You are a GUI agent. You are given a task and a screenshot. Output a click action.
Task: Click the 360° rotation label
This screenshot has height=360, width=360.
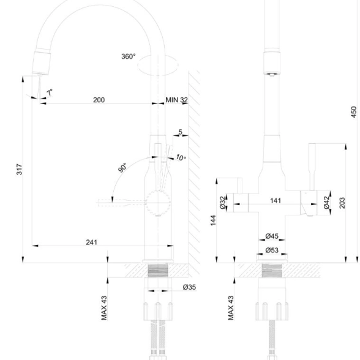pyautogui.click(x=129, y=56)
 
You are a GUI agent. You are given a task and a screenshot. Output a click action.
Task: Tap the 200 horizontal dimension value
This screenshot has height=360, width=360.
pyautogui.click(x=99, y=100)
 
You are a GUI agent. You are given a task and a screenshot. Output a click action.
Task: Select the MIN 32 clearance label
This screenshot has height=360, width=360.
pyautogui.click(x=176, y=100)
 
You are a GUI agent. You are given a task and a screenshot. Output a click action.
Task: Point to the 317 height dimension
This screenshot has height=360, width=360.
pyautogui.click(x=20, y=170)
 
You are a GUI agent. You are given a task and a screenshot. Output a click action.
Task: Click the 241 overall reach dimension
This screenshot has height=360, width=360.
pyautogui.click(x=92, y=242)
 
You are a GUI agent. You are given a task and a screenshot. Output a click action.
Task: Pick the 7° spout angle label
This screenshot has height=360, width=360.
pyautogui.click(x=50, y=92)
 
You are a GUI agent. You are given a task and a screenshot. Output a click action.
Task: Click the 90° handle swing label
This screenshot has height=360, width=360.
pyautogui.click(x=122, y=167)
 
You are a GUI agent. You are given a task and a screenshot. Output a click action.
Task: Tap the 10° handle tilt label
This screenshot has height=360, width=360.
pyautogui.click(x=181, y=157)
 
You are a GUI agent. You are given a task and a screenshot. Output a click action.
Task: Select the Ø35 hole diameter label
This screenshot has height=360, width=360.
pyautogui.click(x=189, y=287)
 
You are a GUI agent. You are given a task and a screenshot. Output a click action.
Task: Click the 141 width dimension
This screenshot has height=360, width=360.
pyautogui.click(x=276, y=201)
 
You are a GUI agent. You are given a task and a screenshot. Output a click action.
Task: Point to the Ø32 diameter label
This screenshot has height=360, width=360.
pyautogui.click(x=223, y=203)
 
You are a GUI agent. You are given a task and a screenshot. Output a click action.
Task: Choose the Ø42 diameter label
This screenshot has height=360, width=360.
pyautogui.click(x=326, y=203)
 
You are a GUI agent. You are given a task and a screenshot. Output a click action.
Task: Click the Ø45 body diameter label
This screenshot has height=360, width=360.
pyautogui.click(x=272, y=236)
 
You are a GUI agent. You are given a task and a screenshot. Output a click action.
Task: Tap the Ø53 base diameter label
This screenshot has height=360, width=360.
pyautogui.click(x=272, y=250)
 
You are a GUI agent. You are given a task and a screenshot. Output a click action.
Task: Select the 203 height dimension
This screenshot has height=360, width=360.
pyautogui.click(x=342, y=203)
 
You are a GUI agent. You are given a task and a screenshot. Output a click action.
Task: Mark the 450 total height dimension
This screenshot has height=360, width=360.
pyautogui.click(x=354, y=112)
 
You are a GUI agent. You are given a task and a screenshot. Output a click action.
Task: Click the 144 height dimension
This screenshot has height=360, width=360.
pyautogui.click(x=213, y=220)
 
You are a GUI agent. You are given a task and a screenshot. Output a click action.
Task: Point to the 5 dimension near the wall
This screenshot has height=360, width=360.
pyautogui.click(x=180, y=132)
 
